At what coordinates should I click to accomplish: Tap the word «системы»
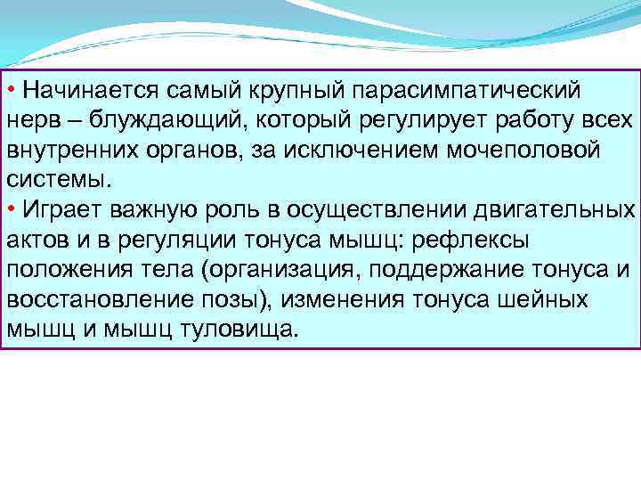click(57, 179)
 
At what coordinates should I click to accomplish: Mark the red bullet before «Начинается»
click(11, 90)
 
